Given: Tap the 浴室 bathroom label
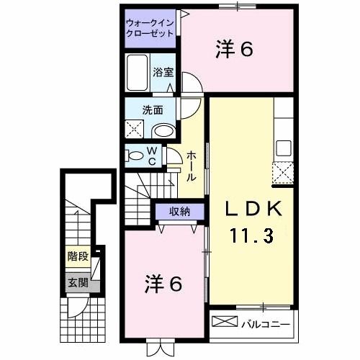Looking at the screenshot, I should [163, 73].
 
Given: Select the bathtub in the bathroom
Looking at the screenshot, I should [138, 72].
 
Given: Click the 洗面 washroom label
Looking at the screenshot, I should [152, 111].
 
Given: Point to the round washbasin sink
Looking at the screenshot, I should [165, 130].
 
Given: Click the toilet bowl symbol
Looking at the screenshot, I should [135, 155].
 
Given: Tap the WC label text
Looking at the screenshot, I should [153, 156].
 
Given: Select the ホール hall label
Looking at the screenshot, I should [192, 165].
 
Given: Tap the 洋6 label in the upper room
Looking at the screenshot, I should [235, 51].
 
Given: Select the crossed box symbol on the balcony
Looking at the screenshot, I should [223, 322].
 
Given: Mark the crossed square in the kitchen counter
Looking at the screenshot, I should [283, 174].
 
